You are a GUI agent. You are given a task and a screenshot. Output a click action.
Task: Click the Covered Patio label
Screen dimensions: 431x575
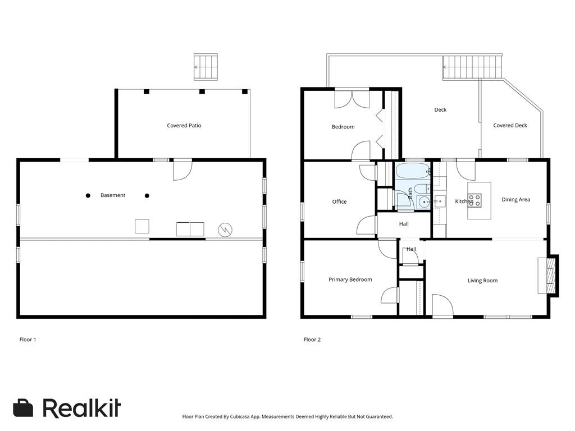(184, 126)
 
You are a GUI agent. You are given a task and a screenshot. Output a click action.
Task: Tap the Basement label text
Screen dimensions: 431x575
(113, 195)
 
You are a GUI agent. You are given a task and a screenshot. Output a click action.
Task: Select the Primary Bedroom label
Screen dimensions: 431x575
(350, 279)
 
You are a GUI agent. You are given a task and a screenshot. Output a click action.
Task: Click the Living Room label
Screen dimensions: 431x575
(482, 281)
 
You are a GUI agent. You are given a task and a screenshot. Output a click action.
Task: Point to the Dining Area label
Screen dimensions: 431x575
(515, 200)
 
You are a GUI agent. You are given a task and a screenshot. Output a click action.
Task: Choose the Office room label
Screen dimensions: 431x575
(339, 201)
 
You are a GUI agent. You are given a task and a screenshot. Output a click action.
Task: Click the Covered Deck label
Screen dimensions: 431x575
(510, 126)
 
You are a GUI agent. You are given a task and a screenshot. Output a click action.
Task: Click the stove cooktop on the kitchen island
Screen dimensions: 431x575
(474, 200)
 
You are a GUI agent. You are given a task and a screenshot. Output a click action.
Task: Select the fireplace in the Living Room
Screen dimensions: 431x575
(548, 276)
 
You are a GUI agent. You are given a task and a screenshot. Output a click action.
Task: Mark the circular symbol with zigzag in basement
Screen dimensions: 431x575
(225, 229)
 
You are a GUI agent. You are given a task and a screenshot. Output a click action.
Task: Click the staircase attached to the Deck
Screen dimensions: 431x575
(472, 67)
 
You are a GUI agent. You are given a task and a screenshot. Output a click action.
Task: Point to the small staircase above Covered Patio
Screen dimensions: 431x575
(206, 67)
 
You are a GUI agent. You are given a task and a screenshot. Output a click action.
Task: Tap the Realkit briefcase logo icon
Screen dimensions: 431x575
(24, 408)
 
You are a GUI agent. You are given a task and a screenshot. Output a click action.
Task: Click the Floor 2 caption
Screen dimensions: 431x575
(312, 340)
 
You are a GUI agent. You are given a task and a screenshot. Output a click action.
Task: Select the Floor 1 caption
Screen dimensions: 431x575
(28, 340)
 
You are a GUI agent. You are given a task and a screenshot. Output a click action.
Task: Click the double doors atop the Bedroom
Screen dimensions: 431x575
(352, 99)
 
